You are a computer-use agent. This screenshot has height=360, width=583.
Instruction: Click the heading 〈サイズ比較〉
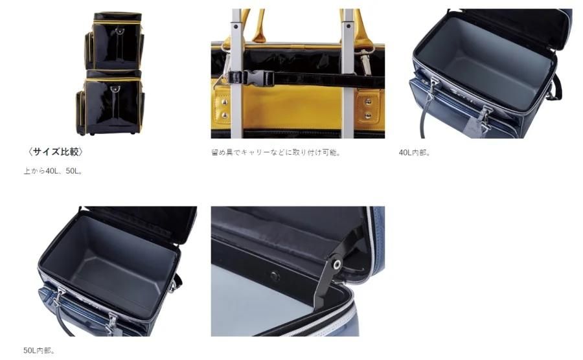pos(55,152)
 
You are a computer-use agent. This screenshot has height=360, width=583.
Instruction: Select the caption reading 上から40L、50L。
pos(54,172)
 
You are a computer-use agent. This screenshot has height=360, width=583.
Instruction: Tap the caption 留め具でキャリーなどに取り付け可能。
pos(276,152)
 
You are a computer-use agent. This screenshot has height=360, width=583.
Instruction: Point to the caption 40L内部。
pos(415,153)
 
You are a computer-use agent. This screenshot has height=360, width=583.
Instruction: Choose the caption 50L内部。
pos(40,350)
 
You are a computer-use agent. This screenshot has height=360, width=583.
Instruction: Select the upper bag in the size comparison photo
pos(115,41)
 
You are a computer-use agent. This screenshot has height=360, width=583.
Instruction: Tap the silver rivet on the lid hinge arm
pos(337,264)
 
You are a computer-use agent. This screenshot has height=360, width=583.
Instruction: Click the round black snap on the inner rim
pos(275,276)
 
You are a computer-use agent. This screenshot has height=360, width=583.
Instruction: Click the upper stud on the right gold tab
pos(368,101)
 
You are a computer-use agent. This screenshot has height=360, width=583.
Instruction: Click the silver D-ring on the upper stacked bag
pos(119,30)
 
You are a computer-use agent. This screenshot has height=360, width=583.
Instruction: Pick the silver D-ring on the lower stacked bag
pos(115,89)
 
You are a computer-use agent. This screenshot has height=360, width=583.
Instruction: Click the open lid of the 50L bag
pos(141,223)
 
